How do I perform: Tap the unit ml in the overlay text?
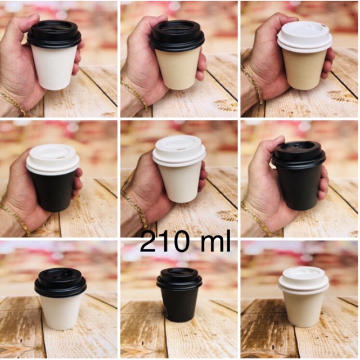click(215, 241)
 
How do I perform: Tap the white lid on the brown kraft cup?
click(304, 37)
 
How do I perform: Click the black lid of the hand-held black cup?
click(299, 155)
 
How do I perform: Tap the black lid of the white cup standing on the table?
click(60, 283)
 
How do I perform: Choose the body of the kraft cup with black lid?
click(177, 69)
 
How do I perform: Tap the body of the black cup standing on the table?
click(179, 306)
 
